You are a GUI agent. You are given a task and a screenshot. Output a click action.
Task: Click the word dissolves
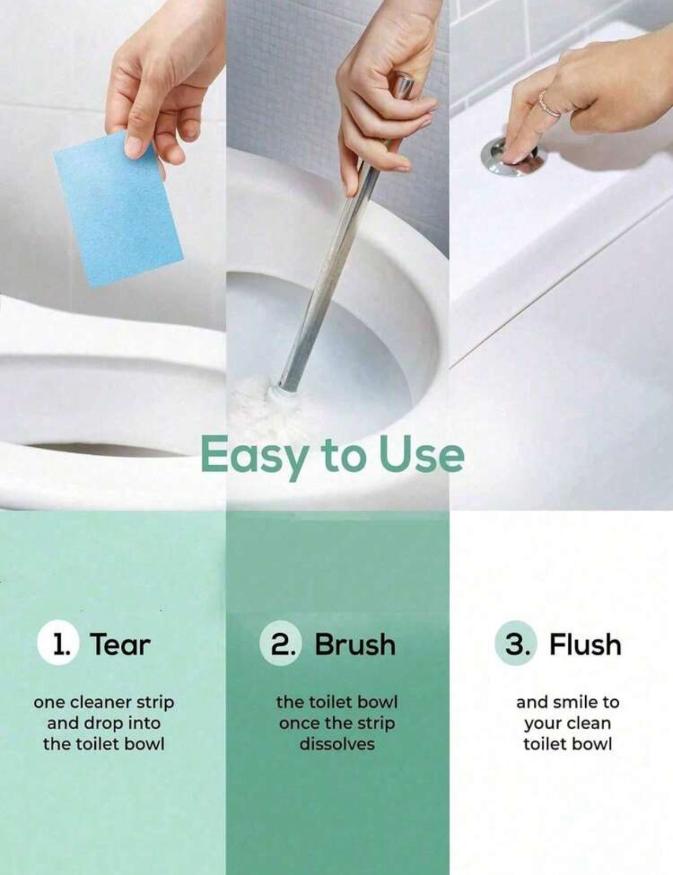pyautogui.click(x=338, y=744)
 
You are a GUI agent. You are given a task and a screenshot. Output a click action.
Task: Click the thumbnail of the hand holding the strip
pyautogui.click(x=113, y=254)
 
